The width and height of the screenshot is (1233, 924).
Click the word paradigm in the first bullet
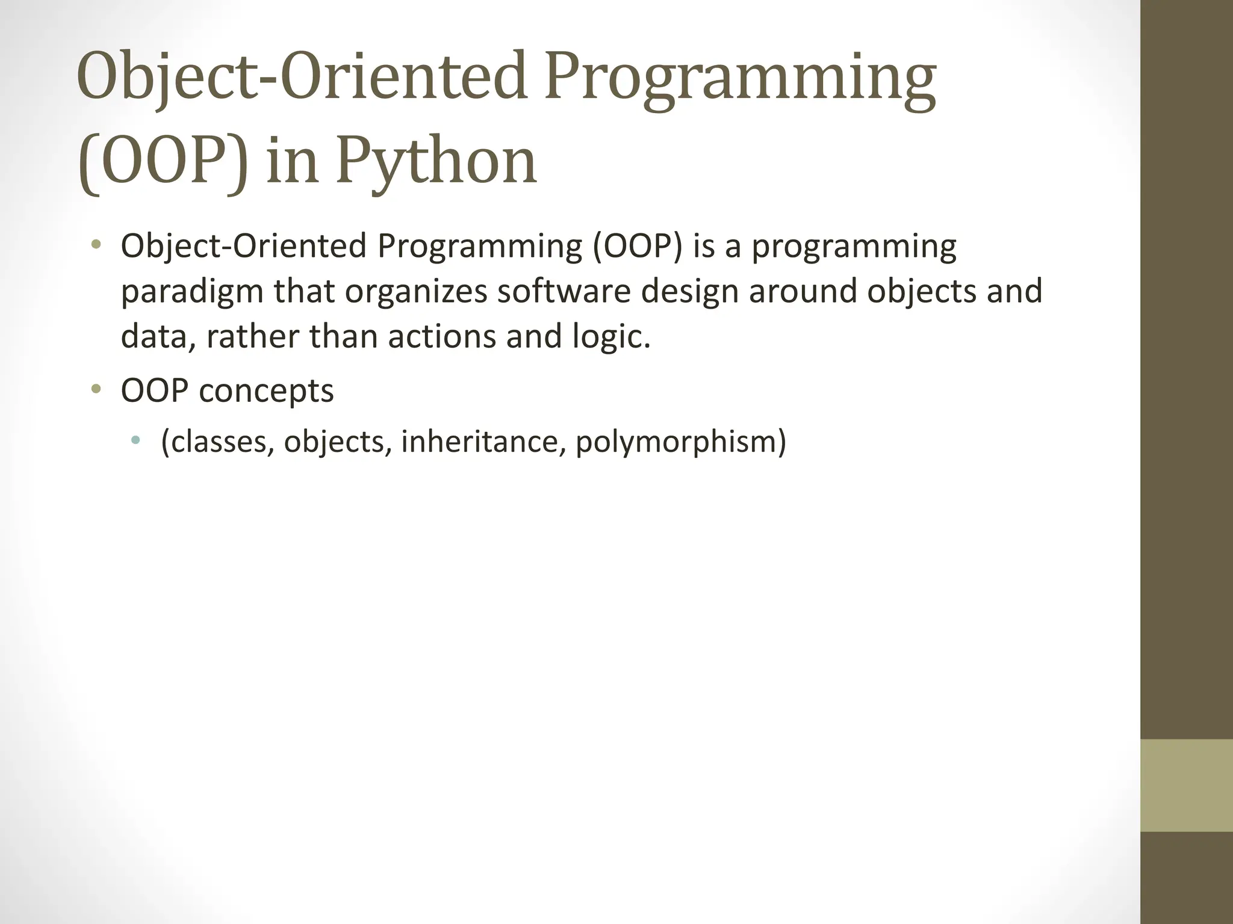pyautogui.click(x=192, y=292)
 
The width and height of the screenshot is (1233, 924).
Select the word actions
pyautogui.click(x=441, y=336)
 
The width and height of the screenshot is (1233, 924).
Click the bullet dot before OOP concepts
pyautogui.click(x=95, y=390)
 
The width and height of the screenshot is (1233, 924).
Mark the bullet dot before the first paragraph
pyautogui.click(x=95, y=245)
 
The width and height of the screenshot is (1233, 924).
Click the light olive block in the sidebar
pyautogui.click(x=1186, y=785)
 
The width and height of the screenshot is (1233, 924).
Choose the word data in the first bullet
pyautogui.click(x=158, y=336)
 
